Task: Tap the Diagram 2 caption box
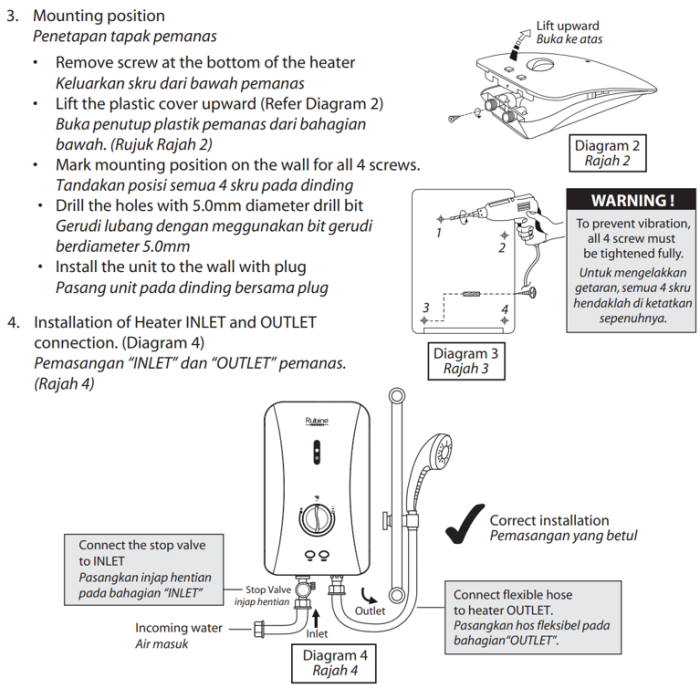point(607,153)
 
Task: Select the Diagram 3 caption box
point(466,361)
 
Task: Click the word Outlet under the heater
point(370,610)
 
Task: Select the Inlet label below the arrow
point(316,633)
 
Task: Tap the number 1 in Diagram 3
point(438,232)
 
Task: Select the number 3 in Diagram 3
point(426,307)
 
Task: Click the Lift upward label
point(567,26)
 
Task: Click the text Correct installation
point(549,520)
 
